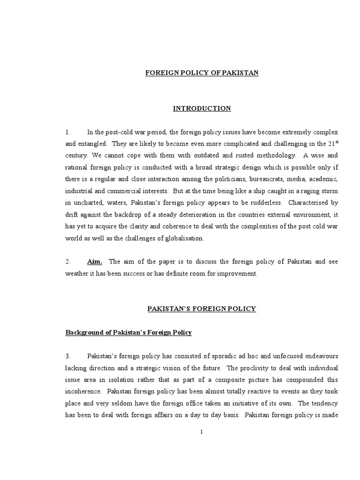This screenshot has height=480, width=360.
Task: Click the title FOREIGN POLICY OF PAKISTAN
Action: tap(202, 73)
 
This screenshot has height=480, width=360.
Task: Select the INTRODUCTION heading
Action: tap(202, 108)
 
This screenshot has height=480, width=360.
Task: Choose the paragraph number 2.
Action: tap(68, 262)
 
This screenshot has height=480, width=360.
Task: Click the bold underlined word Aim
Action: tap(95, 262)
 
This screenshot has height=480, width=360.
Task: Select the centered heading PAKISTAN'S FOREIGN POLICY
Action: tap(202, 308)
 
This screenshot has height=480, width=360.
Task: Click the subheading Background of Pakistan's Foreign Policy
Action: tap(128, 332)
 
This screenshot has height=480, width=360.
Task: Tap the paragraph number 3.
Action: tap(68, 356)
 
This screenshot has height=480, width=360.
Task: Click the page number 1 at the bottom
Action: tap(202, 432)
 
